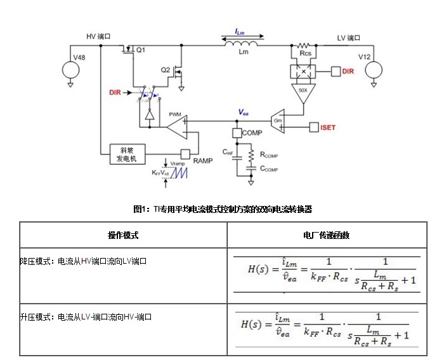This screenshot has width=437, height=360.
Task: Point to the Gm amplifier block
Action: [x=278, y=120]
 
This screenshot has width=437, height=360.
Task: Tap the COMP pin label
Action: [x=252, y=134]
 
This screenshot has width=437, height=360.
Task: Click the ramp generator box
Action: [x=128, y=154]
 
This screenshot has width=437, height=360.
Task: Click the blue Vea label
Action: [x=243, y=111]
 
